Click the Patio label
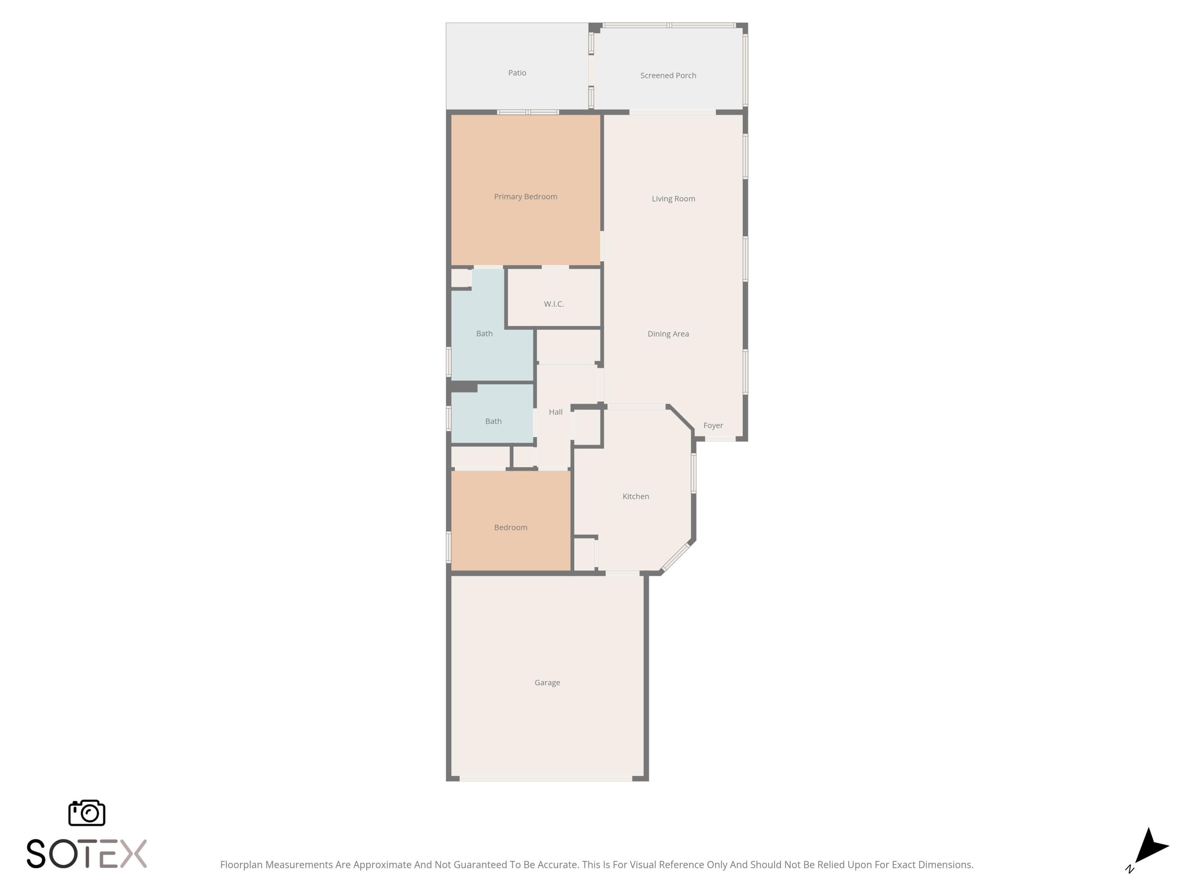pos(517,73)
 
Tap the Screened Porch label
pos(668,76)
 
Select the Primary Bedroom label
pos(526,197)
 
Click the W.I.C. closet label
pos(554,304)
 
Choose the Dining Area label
pos(668,334)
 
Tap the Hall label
pos(556,412)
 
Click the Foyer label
pos(713,426)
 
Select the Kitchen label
pos(636,496)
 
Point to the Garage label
pos(547,683)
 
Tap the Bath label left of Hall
pos(494,421)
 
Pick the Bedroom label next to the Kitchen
pos(511,527)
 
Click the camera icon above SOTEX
pos(87,812)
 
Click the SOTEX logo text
pos(87,854)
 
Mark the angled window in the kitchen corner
pos(676,557)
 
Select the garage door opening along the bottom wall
pos(546,778)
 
